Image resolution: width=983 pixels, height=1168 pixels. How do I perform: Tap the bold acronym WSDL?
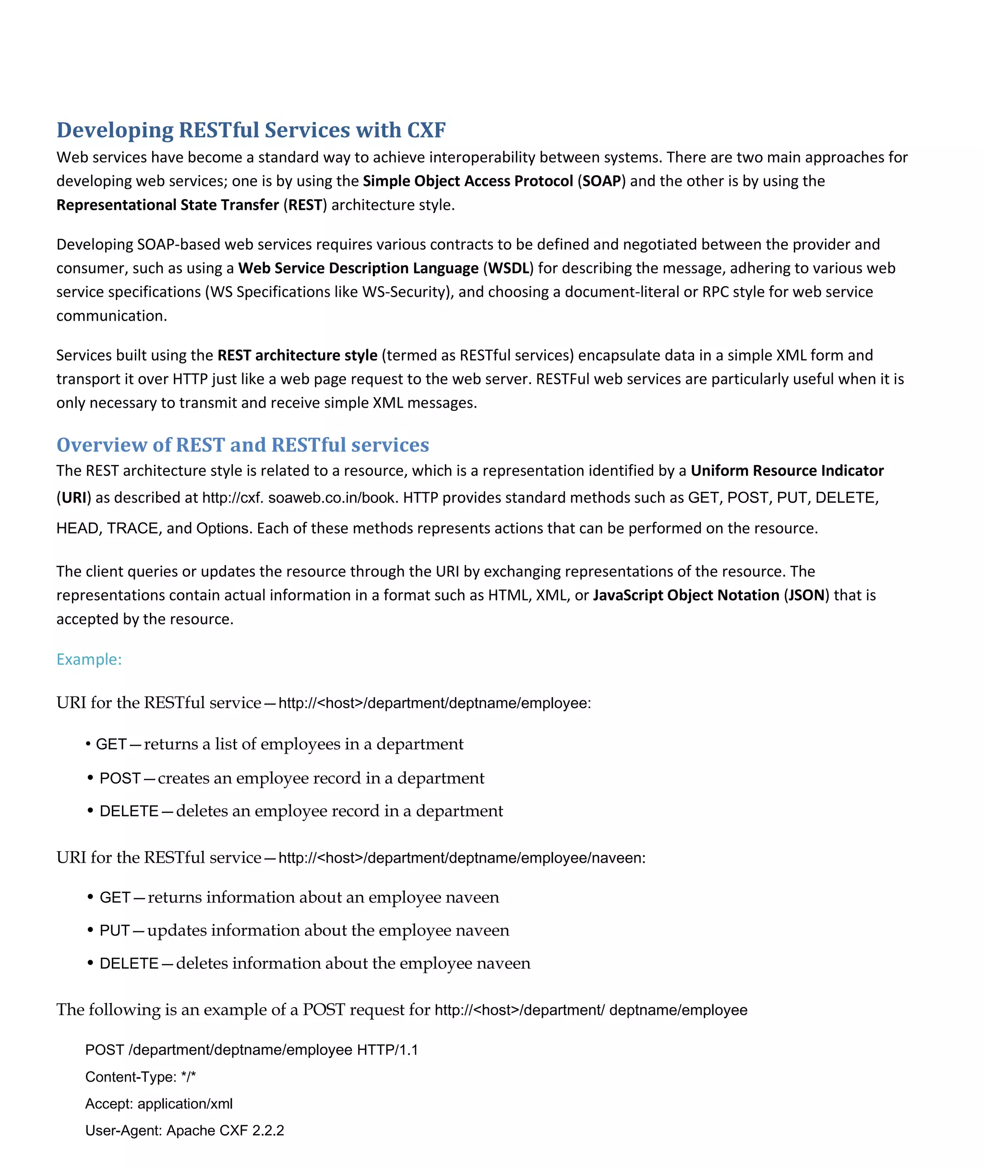[x=508, y=268]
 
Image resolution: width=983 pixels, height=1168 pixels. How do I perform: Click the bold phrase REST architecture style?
[x=297, y=355]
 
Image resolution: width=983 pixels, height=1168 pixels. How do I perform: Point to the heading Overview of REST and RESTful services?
[x=242, y=445]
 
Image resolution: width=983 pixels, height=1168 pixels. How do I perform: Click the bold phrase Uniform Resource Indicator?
[x=787, y=470]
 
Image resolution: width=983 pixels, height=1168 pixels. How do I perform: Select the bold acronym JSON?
[x=806, y=595]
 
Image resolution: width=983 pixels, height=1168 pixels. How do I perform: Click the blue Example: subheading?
[x=89, y=659]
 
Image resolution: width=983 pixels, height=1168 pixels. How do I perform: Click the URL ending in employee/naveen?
[x=461, y=857]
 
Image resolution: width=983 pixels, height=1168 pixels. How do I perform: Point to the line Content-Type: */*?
[x=141, y=1077]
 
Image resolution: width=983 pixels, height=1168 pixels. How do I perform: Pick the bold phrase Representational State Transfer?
[x=167, y=205]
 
